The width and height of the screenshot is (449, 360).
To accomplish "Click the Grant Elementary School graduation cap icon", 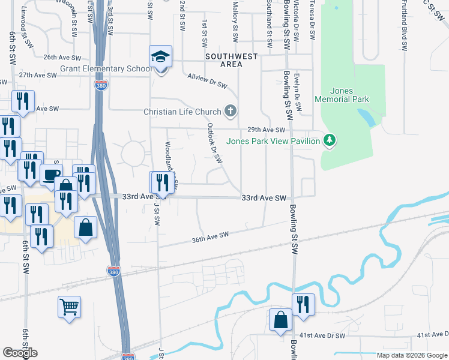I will (x=160, y=56).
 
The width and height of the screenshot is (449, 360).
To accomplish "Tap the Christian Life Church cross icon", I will (x=230, y=111).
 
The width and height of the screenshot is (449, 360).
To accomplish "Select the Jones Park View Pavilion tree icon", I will (x=329, y=140).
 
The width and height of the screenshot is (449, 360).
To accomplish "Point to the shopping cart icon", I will (x=69, y=307).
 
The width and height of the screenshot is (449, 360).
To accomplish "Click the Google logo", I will (x=20, y=353).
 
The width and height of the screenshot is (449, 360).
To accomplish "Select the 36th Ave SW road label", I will (x=211, y=237).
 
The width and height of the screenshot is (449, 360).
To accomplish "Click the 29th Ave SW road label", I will (x=265, y=130).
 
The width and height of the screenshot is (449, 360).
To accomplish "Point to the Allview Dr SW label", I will (x=207, y=83).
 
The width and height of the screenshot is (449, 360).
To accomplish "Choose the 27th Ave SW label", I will (x=38, y=75).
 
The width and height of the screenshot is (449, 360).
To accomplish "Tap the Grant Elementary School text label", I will (x=106, y=68).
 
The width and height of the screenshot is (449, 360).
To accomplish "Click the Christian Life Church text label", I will (x=182, y=112).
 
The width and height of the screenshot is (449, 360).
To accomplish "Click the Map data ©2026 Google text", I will (x=412, y=355).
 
